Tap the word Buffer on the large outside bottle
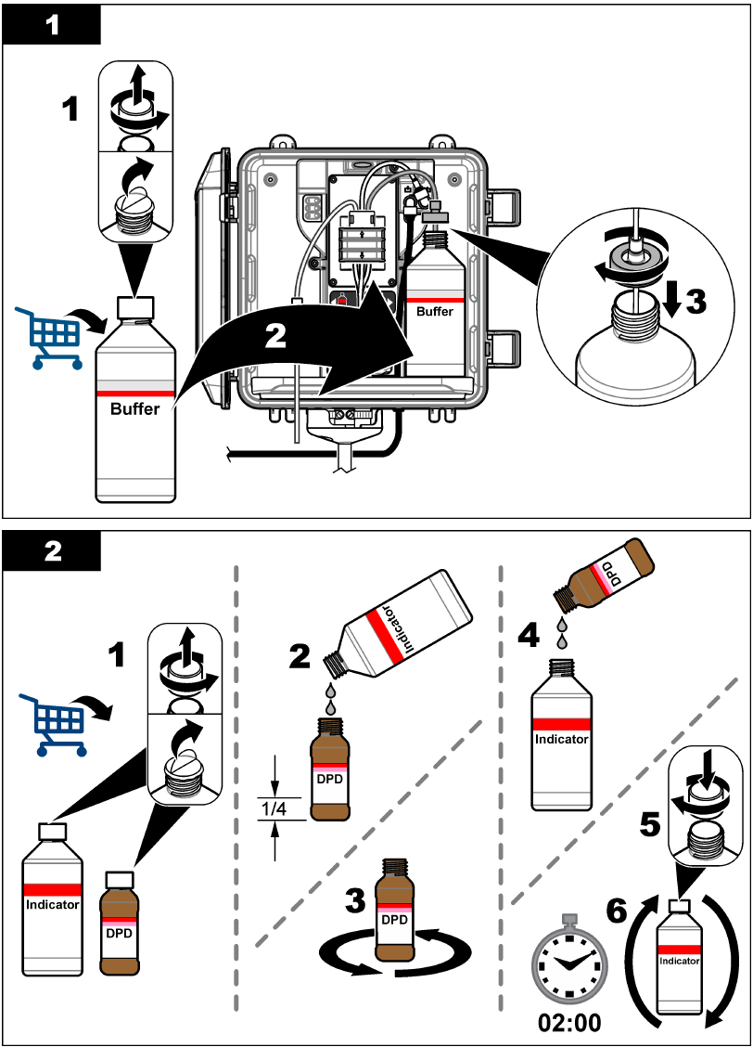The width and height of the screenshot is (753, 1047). click(x=135, y=408)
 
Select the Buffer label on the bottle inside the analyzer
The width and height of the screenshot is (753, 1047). click(x=434, y=312)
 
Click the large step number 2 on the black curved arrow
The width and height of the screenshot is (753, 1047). click(x=275, y=336)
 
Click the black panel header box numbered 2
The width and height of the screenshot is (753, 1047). click(x=52, y=551)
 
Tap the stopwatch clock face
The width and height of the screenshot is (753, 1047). click(x=569, y=963)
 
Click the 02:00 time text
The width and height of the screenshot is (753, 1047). click(x=569, y=1023)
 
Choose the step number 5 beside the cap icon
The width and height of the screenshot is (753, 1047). click(x=652, y=821)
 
